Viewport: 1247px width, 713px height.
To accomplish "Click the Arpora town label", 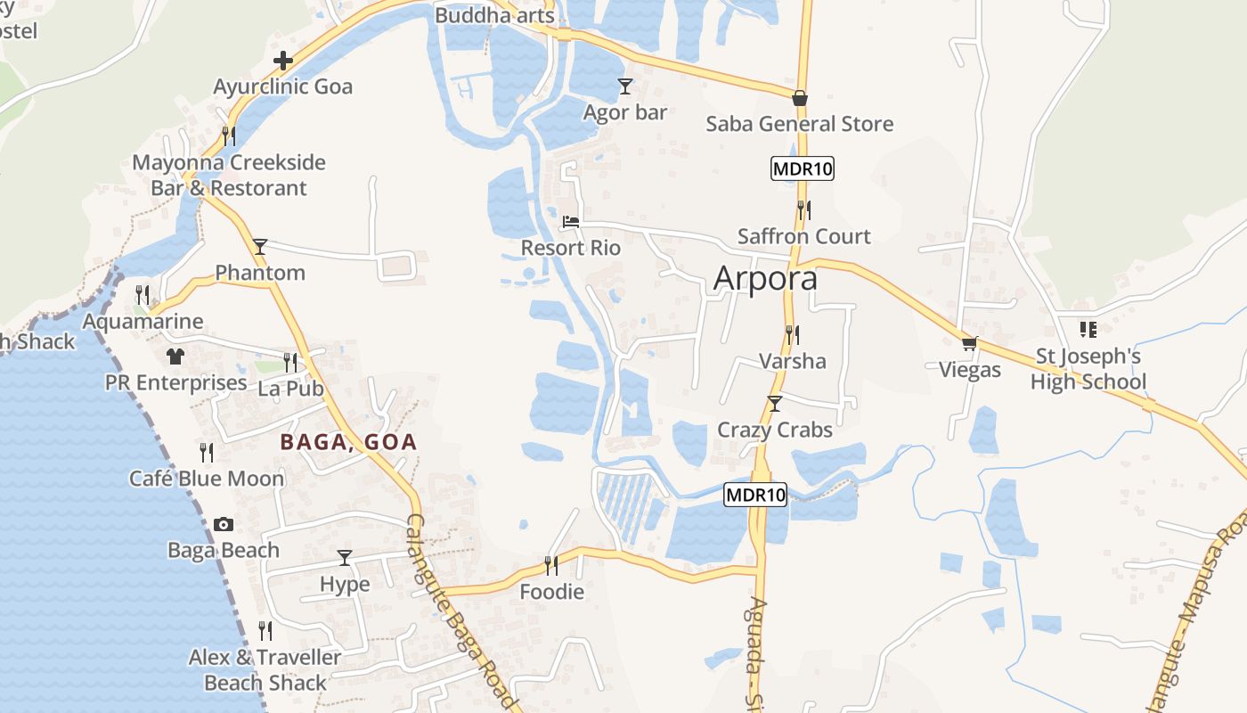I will point(765,279).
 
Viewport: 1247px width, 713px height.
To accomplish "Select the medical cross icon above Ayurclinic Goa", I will point(283,61).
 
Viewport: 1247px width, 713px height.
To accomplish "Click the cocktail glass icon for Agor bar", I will point(625,86).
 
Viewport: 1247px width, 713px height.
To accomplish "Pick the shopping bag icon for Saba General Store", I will point(800,98).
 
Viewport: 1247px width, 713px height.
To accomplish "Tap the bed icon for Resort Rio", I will point(571,221).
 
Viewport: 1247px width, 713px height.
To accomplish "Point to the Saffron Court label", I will point(803,236).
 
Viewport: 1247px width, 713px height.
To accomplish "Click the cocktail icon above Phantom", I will point(259,246).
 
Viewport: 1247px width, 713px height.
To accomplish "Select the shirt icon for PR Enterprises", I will point(175,356).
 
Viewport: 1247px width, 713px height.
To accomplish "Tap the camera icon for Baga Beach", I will point(224,524).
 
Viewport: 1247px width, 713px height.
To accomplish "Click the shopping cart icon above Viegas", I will point(969,343).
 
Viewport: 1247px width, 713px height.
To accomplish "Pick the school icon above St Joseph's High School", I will point(1088,330).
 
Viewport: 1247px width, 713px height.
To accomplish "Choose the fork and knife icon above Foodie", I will point(551,565).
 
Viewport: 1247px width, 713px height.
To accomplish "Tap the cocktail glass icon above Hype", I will point(345,558).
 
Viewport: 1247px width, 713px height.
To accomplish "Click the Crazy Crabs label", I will point(775,430).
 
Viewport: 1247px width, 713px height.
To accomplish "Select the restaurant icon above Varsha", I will point(792,334).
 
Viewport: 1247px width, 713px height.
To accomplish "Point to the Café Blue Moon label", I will point(207,479).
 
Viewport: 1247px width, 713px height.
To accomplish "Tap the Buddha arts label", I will point(494,15).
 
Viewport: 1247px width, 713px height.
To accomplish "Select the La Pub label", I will point(290,389).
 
